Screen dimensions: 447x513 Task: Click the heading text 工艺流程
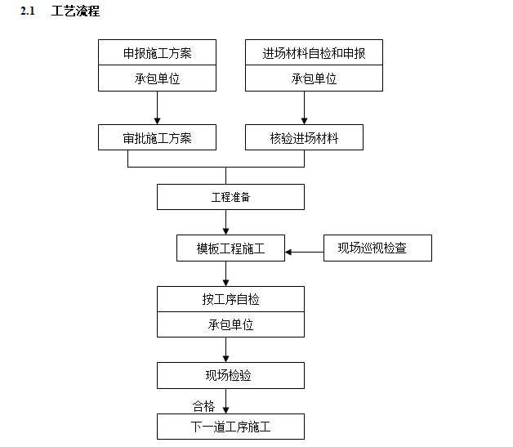click(75, 12)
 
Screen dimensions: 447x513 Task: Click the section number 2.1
click(29, 12)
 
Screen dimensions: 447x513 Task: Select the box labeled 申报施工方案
click(158, 54)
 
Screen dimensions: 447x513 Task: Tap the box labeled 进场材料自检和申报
click(314, 54)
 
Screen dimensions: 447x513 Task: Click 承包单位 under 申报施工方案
click(158, 79)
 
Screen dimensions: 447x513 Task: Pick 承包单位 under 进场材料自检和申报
click(314, 79)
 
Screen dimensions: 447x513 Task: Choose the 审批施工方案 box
click(158, 138)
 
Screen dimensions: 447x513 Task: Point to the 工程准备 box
click(230, 197)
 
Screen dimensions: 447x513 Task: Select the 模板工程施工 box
click(231, 248)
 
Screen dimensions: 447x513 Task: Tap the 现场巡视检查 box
click(377, 248)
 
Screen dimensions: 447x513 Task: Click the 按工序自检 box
click(230, 299)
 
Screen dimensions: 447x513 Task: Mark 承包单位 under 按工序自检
click(230, 324)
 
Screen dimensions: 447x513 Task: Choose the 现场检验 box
click(230, 376)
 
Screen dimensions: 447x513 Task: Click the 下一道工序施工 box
click(230, 427)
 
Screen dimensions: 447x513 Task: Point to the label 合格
click(203, 406)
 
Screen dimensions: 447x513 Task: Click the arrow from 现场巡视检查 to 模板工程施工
click(305, 251)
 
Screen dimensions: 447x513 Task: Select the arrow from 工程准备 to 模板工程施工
click(225, 222)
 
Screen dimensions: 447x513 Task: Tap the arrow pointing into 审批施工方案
click(157, 108)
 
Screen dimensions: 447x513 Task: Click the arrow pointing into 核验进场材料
click(304, 108)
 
